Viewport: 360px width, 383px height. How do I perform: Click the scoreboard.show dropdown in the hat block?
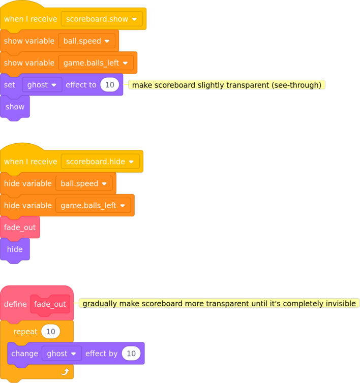click(102, 19)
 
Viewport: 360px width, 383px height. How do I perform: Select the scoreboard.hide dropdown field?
click(100, 162)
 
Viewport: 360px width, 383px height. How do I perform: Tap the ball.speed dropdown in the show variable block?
click(86, 41)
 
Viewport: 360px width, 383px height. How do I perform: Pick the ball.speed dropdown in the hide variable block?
click(84, 183)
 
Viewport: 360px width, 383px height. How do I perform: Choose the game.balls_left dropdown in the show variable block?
click(96, 63)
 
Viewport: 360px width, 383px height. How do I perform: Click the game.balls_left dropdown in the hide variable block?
click(93, 205)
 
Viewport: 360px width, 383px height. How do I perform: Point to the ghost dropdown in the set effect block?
click(42, 85)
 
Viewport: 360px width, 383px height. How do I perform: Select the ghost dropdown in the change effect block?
click(62, 354)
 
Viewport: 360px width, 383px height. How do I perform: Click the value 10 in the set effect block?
click(109, 85)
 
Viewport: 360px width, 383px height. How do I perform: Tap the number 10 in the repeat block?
click(51, 332)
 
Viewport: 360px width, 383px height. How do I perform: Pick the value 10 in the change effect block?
click(131, 354)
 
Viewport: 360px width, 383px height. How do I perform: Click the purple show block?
click(15, 107)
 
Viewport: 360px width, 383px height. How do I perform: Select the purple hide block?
click(15, 249)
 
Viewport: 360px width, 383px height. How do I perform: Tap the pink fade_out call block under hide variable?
click(20, 228)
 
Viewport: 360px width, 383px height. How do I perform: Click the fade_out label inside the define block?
click(50, 304)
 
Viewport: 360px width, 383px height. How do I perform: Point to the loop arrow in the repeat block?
click(65, 372)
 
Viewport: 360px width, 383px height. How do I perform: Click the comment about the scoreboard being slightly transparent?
click(227, 85)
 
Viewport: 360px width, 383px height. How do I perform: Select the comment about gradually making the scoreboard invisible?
click(219, 303)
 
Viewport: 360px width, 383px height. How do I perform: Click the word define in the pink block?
click(15, 304)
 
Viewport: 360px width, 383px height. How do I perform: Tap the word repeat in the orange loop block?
click(25, 332)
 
